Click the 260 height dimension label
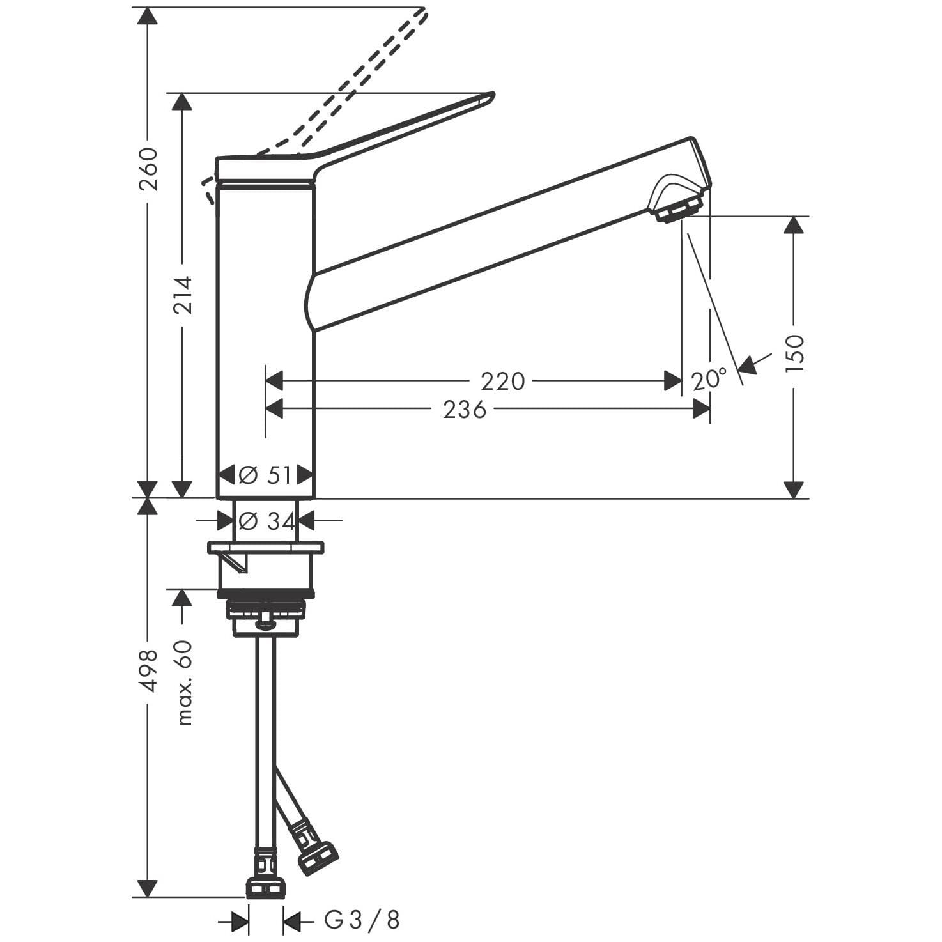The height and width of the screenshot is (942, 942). tap(148, 169)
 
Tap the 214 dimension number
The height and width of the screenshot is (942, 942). tap(182, 295)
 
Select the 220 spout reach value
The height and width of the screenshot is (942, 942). tap(502, 382)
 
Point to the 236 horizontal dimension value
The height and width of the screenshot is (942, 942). tap(465, 409)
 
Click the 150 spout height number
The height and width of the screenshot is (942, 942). tap(794, 353)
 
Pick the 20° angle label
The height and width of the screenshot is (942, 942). tap(709, 380)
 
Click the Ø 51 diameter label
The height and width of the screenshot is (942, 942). tap(265, 475)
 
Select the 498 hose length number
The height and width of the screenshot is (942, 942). tap(148, 670)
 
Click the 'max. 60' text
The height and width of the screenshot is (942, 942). tap(184, 683)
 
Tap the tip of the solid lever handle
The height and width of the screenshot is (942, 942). tap(492, 95)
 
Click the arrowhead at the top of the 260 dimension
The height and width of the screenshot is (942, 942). tap(148, 15)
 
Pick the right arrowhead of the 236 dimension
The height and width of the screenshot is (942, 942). tap(702, 409)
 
